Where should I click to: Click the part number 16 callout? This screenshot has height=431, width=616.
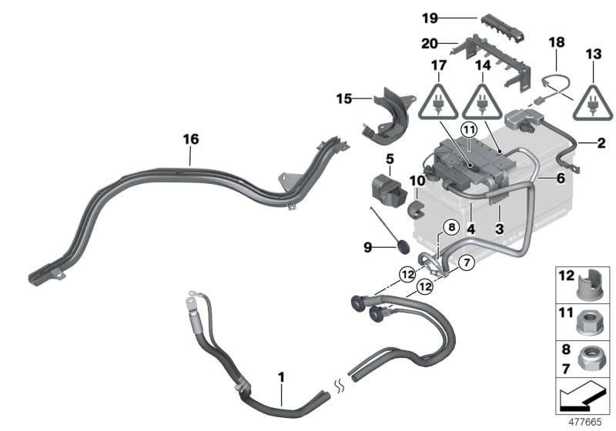tap(190, 139)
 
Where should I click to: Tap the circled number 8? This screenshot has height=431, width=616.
tap(451, 227)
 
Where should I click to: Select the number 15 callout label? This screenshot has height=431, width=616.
tap(343, 99)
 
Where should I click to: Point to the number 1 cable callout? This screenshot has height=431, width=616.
tap(282, 378)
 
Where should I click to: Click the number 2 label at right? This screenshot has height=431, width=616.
tap(601, 143)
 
